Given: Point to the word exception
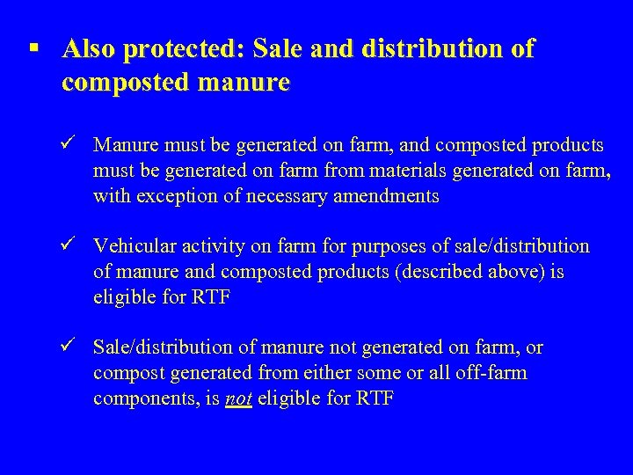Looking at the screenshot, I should pyautogui.click(x=176, y=196).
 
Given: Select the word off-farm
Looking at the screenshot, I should pyautogui.click(x=491, y=373).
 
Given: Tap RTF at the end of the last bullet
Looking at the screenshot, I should pyautogui.click(x=375, y=399).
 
